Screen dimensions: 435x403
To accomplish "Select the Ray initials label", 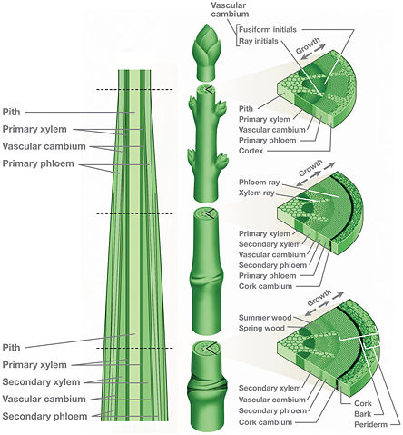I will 262,41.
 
